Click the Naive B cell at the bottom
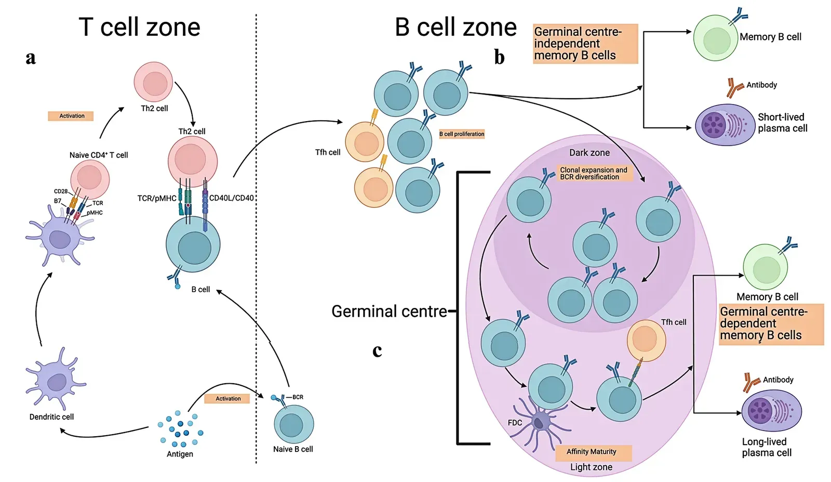pos(293,424)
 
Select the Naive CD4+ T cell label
pos(99,155)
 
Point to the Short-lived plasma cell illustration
pos(725,125)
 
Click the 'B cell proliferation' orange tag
pos(462,134)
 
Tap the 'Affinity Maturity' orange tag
pos(592,452)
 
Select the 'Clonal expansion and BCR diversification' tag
pos(594,173)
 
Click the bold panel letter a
pos(31,57)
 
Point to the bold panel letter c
pos(377,351)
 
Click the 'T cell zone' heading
pos(139,27)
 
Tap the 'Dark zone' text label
pos(589,153)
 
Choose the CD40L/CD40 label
pos(232,198)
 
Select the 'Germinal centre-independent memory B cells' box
pos(585,44)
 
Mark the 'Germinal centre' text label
pos(389,311)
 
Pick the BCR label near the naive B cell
pos(298,397)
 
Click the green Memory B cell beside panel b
pos(716,38)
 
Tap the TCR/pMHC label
pos(157,198)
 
